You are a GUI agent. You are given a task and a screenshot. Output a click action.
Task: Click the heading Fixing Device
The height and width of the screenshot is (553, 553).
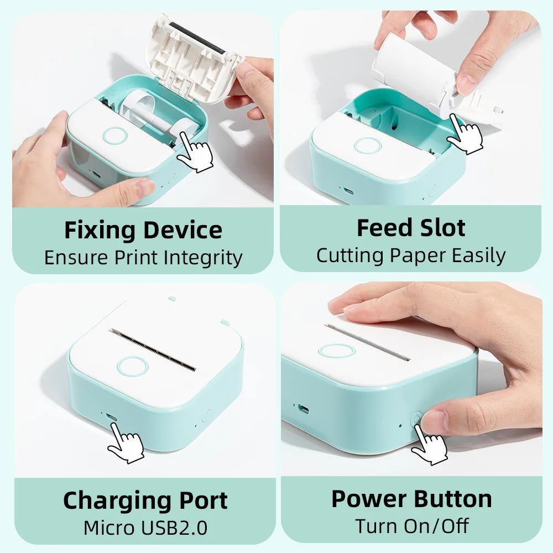pyautogui.click(x=143, y=230)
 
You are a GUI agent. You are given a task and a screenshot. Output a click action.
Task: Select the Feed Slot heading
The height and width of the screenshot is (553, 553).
pyautogui.click(x=411, y=228)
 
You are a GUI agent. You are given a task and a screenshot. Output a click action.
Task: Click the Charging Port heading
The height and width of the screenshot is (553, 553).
pyautogui.click(x=145, y=500)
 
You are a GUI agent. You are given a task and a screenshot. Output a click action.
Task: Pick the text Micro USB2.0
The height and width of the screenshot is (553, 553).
pyautogui.click(x=145, y=528)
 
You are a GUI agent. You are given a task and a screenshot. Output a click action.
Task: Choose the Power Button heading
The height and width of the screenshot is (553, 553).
pyautogui.click(x=411, y=499)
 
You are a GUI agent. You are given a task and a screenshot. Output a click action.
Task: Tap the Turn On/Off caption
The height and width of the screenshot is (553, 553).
pyautogui.click(x=411, y=526)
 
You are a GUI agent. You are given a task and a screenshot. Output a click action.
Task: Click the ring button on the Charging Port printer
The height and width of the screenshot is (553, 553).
pyautogui.click(x=132, y=366)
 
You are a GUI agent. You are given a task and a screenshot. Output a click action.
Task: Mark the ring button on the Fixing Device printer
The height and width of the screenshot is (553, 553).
pyautogui.click(x=115, y=136)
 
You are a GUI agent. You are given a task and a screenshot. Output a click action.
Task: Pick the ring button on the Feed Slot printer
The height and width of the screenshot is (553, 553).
pyautogui.click(x=367, y=145)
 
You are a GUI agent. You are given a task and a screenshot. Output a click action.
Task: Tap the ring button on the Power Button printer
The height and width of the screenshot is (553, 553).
pyautogui.click(x=336, y=351)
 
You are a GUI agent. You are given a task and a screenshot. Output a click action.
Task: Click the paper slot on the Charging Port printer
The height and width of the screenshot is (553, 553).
pyautogui.click(x=152, y=349)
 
